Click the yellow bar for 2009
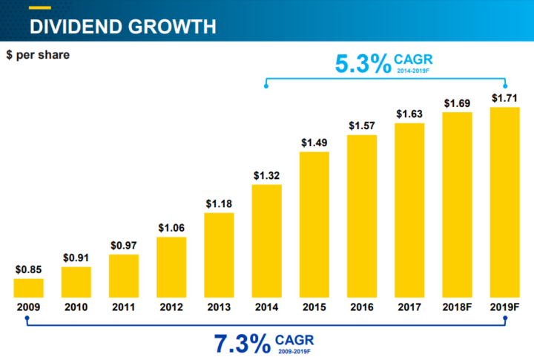(28, 288)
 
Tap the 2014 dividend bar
(267, 241)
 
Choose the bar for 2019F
(505, 203)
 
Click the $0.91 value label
(76, 259)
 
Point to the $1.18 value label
(219, 205)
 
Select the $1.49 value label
(314, 143)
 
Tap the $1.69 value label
(458, 103)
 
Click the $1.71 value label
(505, 98)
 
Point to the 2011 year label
(124, 306)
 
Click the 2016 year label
(362, 306)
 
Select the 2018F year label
(458, 306)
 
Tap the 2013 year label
(219, 306)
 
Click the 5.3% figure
(363, 65)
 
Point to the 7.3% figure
(242, 343)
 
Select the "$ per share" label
(38, 56)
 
